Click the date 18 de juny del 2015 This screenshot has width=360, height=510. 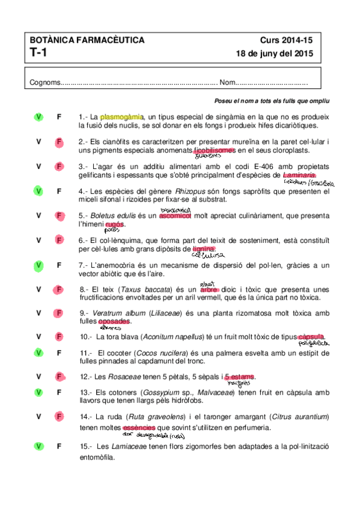tap(276, 54)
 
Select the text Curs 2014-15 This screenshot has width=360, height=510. tap(286, 40)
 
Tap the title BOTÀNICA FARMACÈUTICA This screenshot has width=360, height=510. tap(87, 40)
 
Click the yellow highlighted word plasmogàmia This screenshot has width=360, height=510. tap(122, 117)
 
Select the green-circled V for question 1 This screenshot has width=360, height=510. tap(38, 117)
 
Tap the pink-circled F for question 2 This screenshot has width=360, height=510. tap(59, 142)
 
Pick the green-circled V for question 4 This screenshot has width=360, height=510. tap(38, 191)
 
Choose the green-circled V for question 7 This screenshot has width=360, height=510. tap(38, 265)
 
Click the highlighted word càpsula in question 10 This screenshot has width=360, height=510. tap(310, 336)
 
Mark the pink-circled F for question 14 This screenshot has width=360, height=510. tap(59, 416)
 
